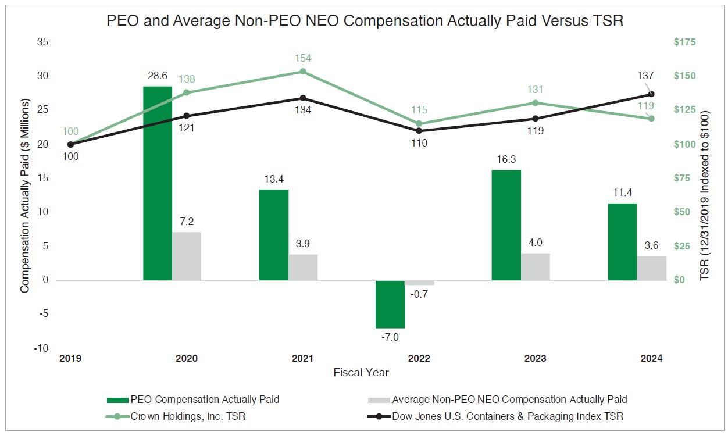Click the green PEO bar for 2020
(158, 183)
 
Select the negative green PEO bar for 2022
(390, 304)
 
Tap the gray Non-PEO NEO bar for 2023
(536, 267)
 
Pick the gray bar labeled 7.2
(187, 256)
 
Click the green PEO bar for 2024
(622, 242)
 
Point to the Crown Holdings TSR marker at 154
(303, 72)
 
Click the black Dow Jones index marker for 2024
(651, 94)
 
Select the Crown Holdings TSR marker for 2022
(419, 124)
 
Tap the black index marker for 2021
(303, 98)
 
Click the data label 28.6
(158, 76)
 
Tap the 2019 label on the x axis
(70, 359)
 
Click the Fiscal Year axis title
(361, 372)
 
